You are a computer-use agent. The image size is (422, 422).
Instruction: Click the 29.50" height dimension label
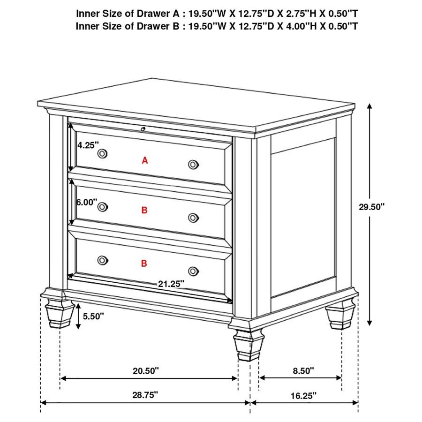coord(371,207)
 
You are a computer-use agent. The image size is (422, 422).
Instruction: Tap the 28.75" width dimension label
coord(145,395)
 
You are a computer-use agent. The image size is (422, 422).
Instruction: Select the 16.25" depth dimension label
coord(303,396)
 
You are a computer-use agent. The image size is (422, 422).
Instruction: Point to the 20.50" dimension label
coord(146,371)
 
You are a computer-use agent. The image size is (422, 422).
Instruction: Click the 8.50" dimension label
coord(303,371)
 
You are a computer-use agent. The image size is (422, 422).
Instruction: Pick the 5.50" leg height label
coord(93,316)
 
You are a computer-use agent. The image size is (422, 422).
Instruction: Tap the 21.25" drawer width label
coord(171,283)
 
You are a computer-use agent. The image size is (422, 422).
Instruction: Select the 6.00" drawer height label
coord(87,202)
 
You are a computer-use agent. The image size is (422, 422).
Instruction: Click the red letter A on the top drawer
coord(145,161)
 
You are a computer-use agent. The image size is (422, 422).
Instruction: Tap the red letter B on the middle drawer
coord(144,211)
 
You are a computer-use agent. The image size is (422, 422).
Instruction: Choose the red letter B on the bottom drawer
coord(144,264)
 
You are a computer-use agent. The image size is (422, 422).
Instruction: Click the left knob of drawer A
coord(103,153)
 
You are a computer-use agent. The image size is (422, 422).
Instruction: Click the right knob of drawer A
coord(193,164)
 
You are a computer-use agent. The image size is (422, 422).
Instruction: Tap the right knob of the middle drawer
coord(193,217)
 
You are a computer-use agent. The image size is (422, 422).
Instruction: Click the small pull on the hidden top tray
coord(143,128)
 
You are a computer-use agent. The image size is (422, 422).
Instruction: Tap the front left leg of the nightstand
coord(60,314)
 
